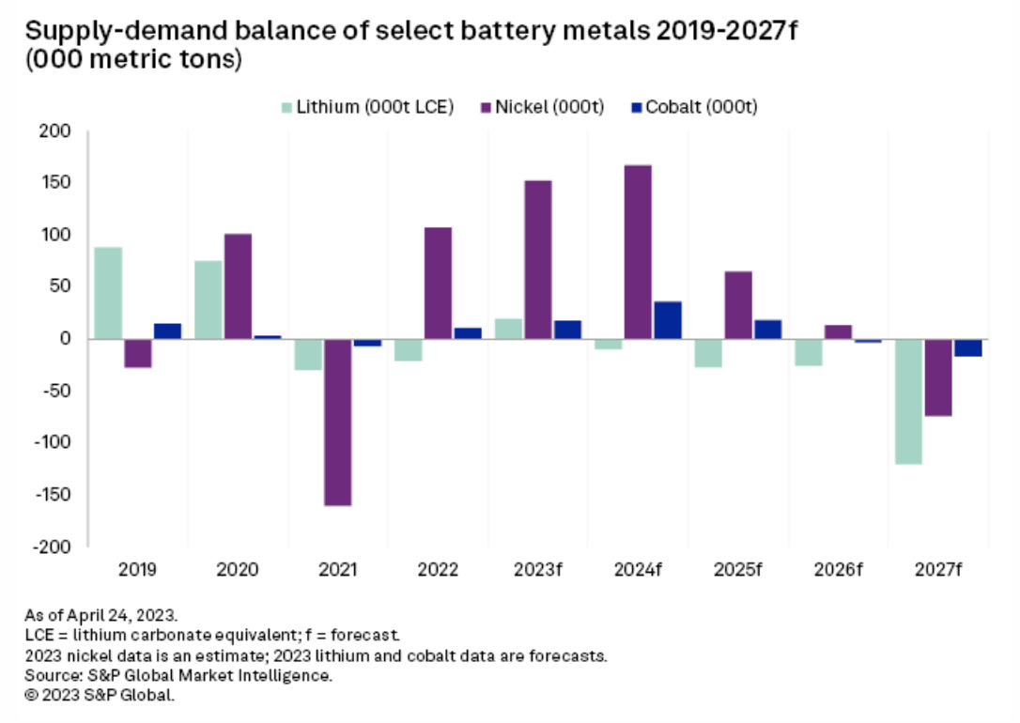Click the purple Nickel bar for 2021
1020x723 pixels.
pos(338,423)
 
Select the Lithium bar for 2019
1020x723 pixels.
pos(108,293)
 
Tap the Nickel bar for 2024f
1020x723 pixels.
pos(639,252)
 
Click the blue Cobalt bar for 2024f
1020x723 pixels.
pos(667,320)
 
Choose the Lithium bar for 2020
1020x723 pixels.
pos(209,300)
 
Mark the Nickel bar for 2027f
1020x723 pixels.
pos(938,377)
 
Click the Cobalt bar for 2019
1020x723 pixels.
pos(167,331)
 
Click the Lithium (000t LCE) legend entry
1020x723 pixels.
pos(368,106)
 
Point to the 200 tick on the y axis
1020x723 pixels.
pos(57,131)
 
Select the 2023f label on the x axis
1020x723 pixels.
pos(538,570)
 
